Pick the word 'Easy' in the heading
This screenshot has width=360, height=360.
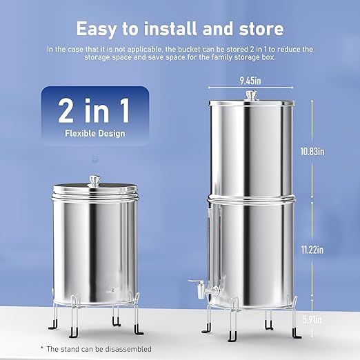click(101, 29)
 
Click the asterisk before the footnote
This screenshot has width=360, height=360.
click(43, 346)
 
